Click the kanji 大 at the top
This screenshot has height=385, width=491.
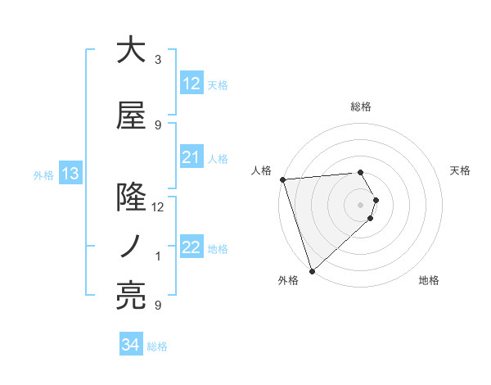pos(131,51)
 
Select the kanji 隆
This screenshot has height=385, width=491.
pos(131,197)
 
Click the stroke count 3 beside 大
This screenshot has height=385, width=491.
pos(158,60)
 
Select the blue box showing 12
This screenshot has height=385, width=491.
pos(191,84)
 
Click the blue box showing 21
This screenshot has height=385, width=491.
pos(191,157)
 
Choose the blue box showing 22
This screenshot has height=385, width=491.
pos(191,247)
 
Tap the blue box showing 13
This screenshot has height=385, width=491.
pos(70,174)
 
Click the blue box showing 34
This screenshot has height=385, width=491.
pos(130,345)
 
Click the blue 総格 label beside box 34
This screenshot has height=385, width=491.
pos(157,346)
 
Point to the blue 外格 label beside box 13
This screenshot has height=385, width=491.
pos(43,174)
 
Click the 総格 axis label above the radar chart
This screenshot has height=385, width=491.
pos(361,106)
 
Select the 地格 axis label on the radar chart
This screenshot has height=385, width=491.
pos(429,280)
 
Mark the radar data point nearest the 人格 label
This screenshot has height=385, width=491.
pos(282,179)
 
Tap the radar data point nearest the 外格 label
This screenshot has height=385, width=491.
pos(311,271)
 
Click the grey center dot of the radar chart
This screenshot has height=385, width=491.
pos(361,204)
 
